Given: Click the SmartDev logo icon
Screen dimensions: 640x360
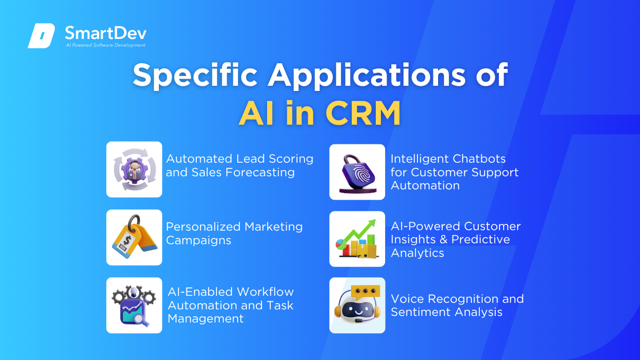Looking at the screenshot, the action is [x=41, y=36].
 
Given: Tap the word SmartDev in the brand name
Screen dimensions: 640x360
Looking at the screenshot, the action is [x=106, y=33].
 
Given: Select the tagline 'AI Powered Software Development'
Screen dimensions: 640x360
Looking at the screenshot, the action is [x=106, y=45].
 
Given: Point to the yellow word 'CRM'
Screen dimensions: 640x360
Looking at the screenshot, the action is [x=363, y=113].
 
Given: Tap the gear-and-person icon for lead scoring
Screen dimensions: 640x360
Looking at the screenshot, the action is [x=134, y=169].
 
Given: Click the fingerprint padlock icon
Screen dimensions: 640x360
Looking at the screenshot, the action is [x=357, y=173].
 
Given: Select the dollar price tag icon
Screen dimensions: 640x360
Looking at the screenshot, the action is [x=134, y=237].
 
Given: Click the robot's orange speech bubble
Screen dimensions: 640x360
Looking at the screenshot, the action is [x=366, y=292].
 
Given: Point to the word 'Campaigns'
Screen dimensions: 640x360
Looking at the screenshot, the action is [x=199, y=240].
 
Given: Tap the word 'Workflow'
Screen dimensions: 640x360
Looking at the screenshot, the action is [x=265, y=292].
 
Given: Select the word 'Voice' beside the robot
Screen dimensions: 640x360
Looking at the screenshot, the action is [x=408, y=299].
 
